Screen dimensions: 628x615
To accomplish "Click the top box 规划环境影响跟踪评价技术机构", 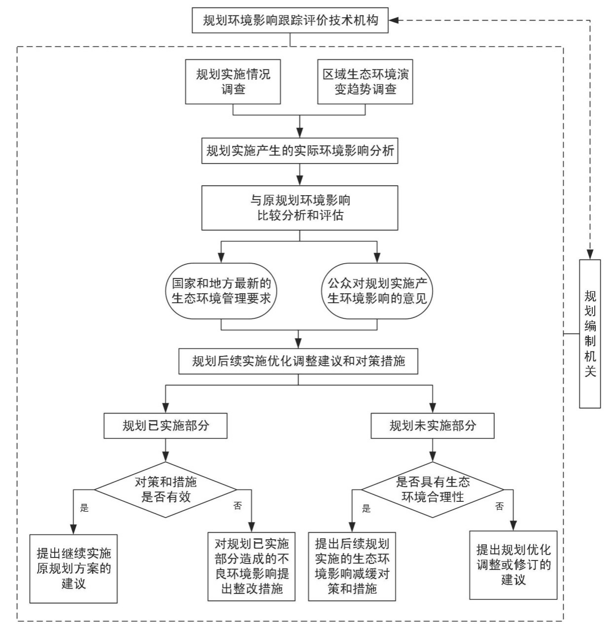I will tap(290, 21).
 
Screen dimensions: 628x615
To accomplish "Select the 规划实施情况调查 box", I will tap(233, 82).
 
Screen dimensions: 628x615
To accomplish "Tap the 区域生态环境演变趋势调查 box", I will tap(365, 82).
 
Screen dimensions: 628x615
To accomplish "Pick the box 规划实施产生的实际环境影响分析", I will tap(300, 151).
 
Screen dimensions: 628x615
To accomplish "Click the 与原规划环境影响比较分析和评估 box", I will tap(300, 208).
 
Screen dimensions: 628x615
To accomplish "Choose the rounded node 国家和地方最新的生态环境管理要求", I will tap(221, 291).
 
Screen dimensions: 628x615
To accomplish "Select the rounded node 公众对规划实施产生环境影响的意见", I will tap(377, 291).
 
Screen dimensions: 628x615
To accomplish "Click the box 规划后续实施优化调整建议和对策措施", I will tap(298, 361).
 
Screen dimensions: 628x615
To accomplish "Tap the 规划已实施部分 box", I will tap(166, 426).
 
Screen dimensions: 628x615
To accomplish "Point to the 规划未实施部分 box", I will tap(432, 426).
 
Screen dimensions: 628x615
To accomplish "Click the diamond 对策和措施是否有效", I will tap(166, 489).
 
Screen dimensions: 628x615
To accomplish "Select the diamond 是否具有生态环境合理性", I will tap(432, 489).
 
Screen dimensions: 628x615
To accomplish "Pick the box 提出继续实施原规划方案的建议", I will tap(73, 568).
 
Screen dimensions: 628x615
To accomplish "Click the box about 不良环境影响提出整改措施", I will tap(251, 566).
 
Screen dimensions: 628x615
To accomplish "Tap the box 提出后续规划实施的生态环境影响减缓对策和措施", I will tap(352, 566).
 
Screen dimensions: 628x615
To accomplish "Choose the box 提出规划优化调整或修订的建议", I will tap(513, 565).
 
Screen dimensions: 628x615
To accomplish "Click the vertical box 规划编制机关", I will tap(590, 334).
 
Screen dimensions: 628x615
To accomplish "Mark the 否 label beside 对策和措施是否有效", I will tap(238, 506).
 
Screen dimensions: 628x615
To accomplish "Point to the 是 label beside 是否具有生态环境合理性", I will tap(366, 509).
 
